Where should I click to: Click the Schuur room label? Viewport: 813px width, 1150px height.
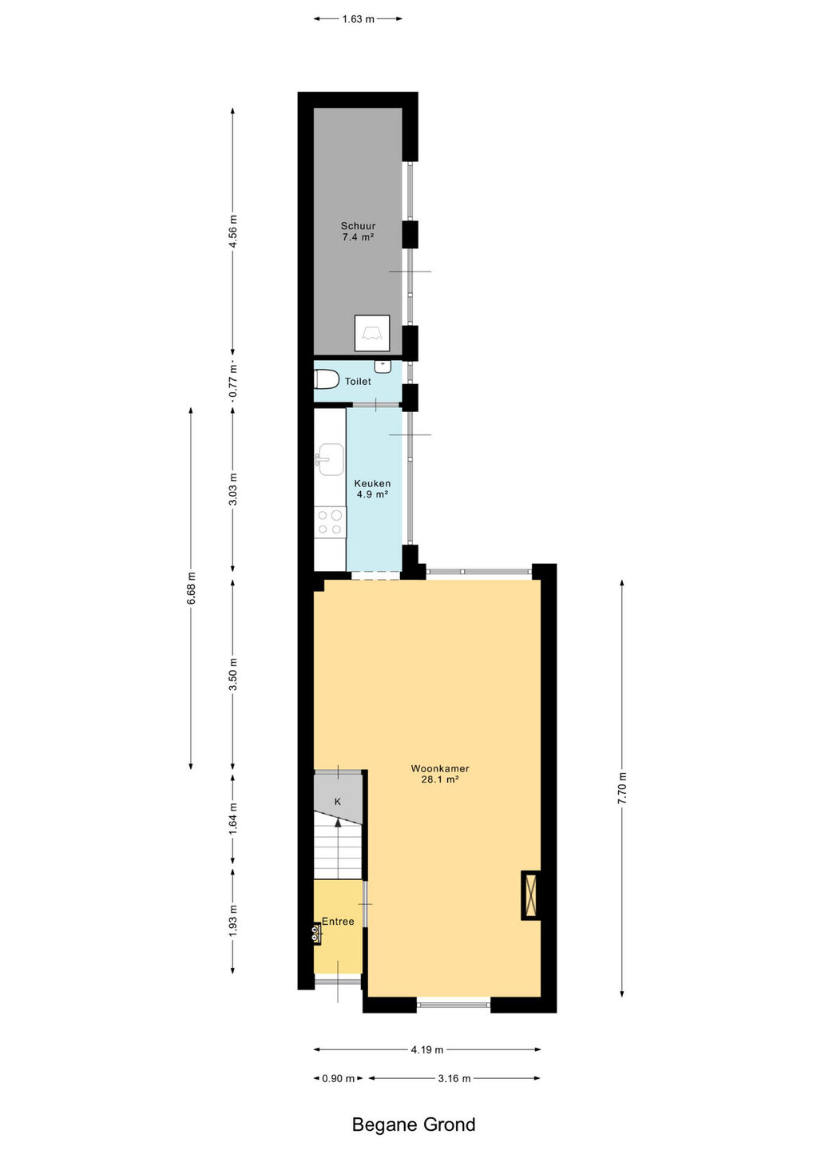point(358,226)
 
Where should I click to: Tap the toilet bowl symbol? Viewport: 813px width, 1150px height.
point(327,380)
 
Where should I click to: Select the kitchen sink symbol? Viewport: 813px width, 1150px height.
point(330,459)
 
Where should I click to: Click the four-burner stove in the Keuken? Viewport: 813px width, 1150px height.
point(330,522)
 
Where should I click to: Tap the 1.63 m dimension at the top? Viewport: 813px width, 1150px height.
point(359,19)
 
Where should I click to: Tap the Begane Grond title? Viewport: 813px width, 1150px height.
point(414,1124)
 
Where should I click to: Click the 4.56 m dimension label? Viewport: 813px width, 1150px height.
point(232,231)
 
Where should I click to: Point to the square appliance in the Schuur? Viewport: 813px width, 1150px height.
point(372,333)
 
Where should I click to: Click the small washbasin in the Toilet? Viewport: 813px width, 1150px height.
point(383,366)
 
